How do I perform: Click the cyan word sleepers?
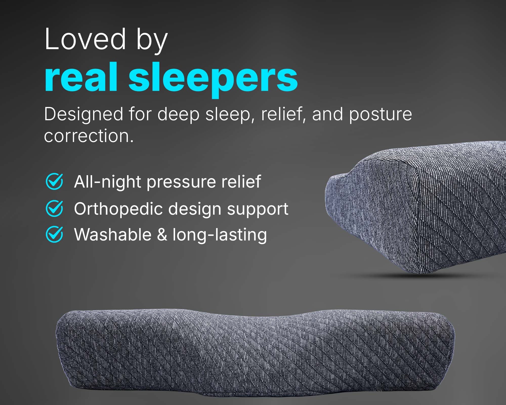pyautogui.click(x=213, y=80)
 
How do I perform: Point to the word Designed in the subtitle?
pyautogui.click(x=84, y=115)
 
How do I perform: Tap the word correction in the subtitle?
pyautogui.click(x=89, y=136)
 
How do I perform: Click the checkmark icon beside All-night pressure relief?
pyautogui.click(x=54, y=181)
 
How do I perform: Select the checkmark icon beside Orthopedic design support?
pyautogui.click(x=54, y=208)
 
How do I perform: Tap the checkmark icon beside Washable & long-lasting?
pyautogui.click(x=54, y=234)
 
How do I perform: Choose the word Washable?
pyautogui.click(x=113, y=234)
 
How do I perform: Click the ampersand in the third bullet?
pyautogui.click(x=162, y=235)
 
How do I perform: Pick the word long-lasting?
pyautogui.click(x=220, y=235)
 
